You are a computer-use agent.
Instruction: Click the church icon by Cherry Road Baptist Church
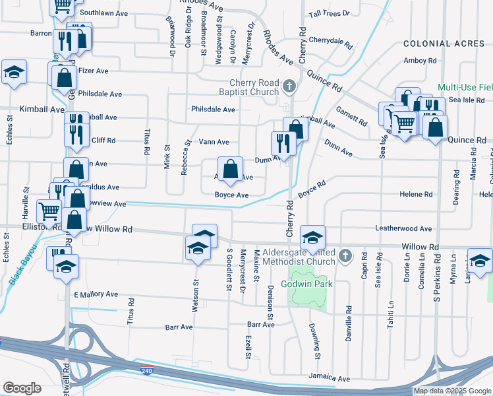[x=289, y=86]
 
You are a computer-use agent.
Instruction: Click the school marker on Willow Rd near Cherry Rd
[x=312, y=236]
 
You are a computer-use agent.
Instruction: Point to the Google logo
[x=22, y=387]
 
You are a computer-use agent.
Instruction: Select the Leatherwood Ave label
[x=403, y=229]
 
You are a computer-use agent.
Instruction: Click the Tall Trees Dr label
[x=328, y=13]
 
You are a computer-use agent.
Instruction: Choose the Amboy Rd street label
[x=420, y=61]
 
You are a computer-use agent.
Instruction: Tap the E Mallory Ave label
[x=96, y=294]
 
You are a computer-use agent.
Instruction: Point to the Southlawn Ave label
[x=103, y=13]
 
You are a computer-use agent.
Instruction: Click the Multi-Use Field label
[x=465, y=87]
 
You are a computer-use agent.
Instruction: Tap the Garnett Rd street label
[x=351, y=116]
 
